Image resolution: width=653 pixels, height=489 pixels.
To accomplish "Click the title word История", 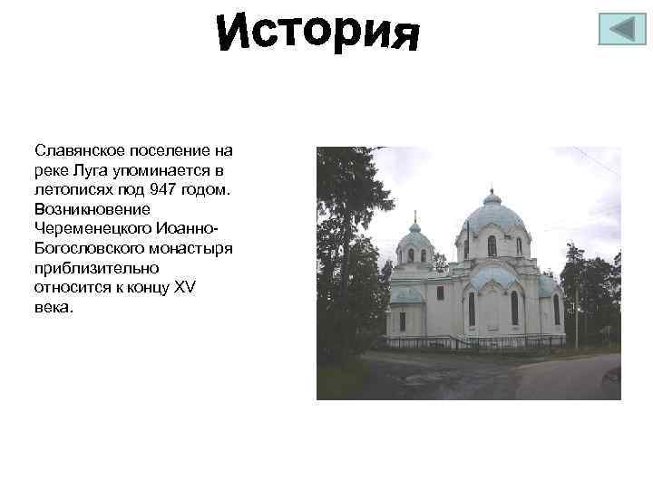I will pos(318,34).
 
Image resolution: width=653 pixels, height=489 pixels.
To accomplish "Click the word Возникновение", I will pos(86,208).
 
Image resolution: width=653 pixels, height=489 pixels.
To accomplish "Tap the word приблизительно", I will pos(97,267).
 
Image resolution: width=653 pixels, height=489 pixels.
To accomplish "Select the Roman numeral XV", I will pos(183,287).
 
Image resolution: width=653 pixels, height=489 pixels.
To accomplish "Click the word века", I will pos(51,307).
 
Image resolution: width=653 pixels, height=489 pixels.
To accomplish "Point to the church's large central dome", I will pos(492,217).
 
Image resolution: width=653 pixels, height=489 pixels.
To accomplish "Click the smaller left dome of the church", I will pos(414,239).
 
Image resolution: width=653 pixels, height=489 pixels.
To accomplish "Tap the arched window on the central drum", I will pos(492,245).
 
